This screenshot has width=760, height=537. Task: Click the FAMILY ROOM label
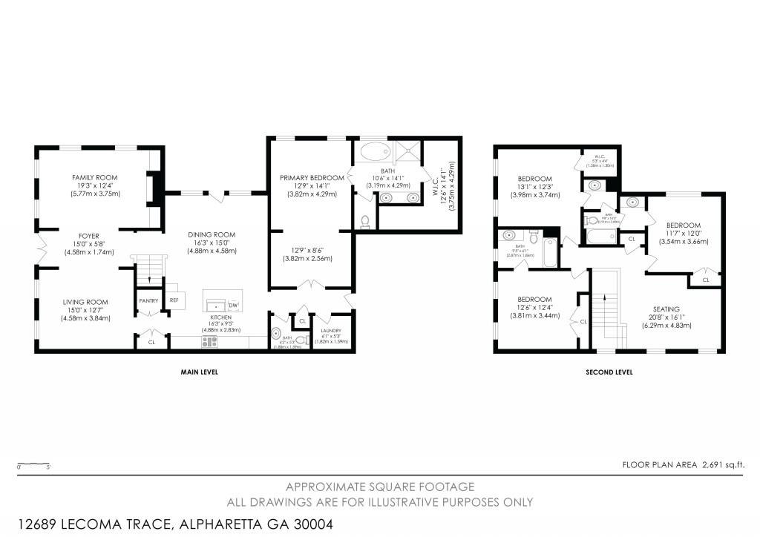pos(94,178)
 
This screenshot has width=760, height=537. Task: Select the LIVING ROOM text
pos(85,302)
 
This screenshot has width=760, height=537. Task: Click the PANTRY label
pos(148,300)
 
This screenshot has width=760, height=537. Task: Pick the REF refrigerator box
pos(174,300)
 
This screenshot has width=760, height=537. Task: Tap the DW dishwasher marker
pos(232,306)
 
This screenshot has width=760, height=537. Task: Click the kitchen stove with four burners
pos(210,342)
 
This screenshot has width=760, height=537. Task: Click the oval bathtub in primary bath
pos(375,154)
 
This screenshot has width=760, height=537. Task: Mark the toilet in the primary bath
pos(364,221)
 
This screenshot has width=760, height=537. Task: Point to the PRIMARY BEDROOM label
pos(312,178)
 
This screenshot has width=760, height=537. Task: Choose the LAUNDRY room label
pos(331,331)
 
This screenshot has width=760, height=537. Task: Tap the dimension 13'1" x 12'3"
pos(534,187)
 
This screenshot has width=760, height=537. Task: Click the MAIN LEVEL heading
pos(199,372)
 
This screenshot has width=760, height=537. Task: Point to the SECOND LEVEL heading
pos(609,372)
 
